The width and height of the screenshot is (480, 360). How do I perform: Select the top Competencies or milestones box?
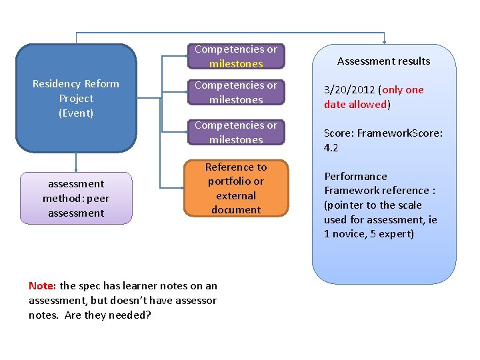235,57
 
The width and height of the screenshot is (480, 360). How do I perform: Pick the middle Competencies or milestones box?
235,93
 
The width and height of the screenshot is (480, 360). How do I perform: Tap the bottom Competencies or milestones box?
235,132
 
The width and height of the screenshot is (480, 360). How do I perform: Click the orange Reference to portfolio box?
235,188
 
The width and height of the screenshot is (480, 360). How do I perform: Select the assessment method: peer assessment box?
76,198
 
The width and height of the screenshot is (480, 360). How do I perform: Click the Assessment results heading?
383,61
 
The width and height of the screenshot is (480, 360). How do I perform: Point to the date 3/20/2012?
349,90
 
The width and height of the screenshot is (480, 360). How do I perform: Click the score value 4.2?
331,148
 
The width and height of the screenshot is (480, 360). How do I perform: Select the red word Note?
43,286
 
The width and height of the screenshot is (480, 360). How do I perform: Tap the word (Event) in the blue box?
76,113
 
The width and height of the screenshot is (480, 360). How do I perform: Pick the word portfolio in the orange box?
235,181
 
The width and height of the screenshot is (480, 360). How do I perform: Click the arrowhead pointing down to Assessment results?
384,41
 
